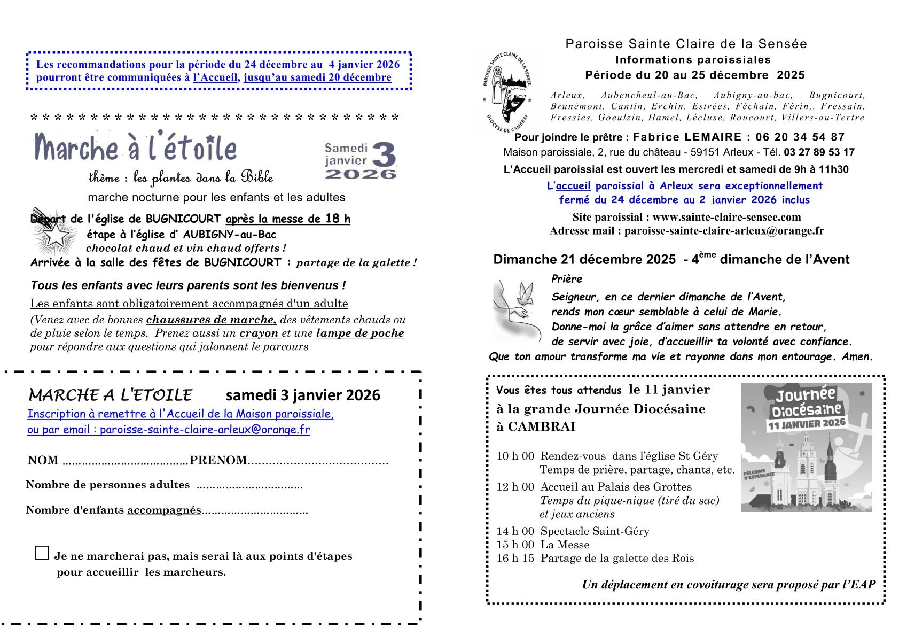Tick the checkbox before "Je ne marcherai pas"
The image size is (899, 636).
(42, 553)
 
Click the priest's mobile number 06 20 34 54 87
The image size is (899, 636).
(800, 137)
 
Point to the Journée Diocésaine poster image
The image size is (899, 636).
(806, 447)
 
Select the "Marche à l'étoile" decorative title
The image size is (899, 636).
(135, 148)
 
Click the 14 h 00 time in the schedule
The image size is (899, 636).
(515, 531)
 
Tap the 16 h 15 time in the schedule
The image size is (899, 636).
(515, 559)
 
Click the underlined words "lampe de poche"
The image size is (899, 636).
(359, 333)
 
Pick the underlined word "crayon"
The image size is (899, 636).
(259, 333)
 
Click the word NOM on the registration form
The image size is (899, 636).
(43, 461)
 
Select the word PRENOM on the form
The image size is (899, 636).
(218, 461)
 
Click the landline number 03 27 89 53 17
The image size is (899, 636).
(819, 152)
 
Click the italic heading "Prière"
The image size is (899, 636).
(566, 279)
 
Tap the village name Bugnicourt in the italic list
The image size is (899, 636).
(837, 96)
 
